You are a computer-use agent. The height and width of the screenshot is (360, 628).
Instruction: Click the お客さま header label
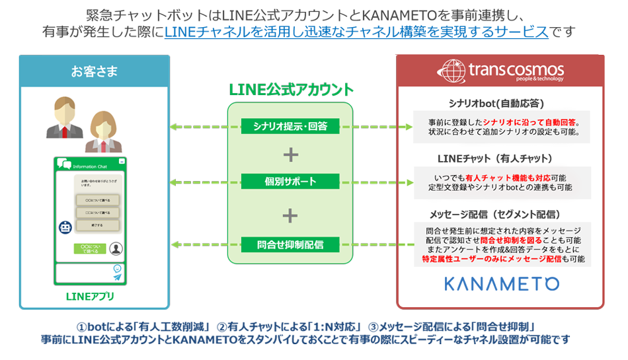point(95,71)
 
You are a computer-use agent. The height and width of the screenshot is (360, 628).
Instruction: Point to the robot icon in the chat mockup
point(65,227)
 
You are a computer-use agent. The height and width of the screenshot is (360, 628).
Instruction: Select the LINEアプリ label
point(90,297)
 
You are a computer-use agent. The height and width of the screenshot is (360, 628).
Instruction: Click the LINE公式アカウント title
point(290,89)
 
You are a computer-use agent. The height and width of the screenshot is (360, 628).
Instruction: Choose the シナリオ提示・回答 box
point(290,126)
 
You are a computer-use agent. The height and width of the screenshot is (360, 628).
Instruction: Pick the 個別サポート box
point(290,182)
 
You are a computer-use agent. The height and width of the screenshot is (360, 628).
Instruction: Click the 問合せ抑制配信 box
point(290,245)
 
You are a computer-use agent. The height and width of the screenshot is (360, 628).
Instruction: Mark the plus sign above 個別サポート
point(290,155)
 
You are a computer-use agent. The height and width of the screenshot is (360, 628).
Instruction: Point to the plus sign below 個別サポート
point(290,215)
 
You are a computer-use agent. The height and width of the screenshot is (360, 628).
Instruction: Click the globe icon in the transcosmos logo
point(453,70)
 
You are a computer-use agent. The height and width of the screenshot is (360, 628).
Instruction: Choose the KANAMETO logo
point(501,284)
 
